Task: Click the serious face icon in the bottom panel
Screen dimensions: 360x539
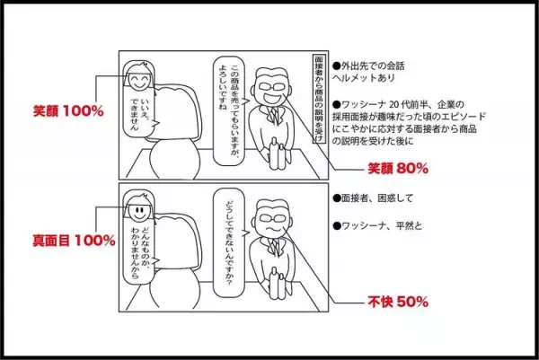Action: pyautogui.click(x=137, y=212)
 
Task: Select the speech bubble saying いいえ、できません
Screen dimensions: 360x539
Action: pyautogui.click(x=148, y=113)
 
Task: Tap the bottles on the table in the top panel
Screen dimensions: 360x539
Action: pyautogui.click(x=273, y=154)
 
